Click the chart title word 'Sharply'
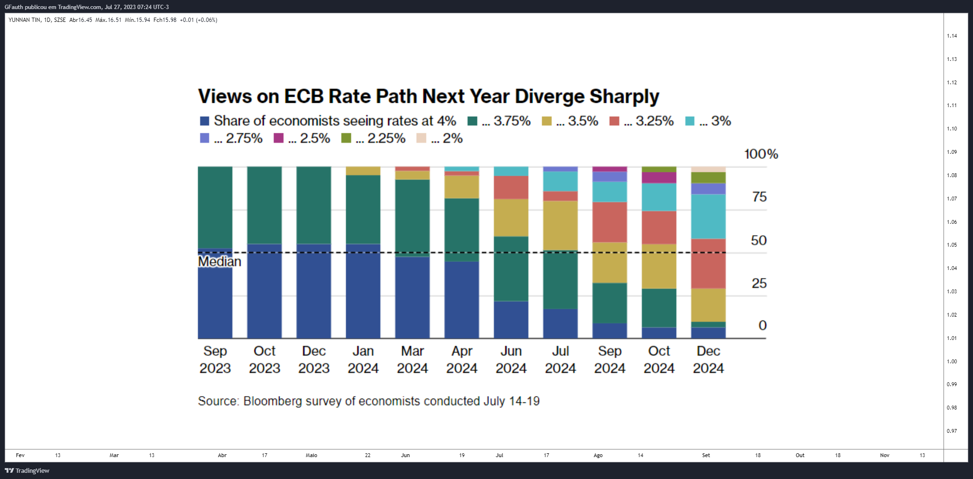coord(624,97)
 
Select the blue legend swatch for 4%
coord(204,121)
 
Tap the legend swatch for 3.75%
coord(472,121)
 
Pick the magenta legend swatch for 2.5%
coord(279,138)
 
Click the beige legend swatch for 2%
coord(421,138)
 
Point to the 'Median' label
coord(220,261)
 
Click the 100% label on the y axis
coord(761,154)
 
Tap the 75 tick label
coord(759,197)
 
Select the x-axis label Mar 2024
coord(412,359)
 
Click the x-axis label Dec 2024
coord(708,359)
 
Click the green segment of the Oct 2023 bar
coord(264,205)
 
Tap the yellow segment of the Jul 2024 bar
coord(560,226)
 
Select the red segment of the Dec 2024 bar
coord(708,264)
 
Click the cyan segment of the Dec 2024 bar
coord(708,217)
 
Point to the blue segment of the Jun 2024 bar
coord(511,320)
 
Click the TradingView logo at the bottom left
coord(27,470)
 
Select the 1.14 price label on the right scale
coord(952,36)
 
